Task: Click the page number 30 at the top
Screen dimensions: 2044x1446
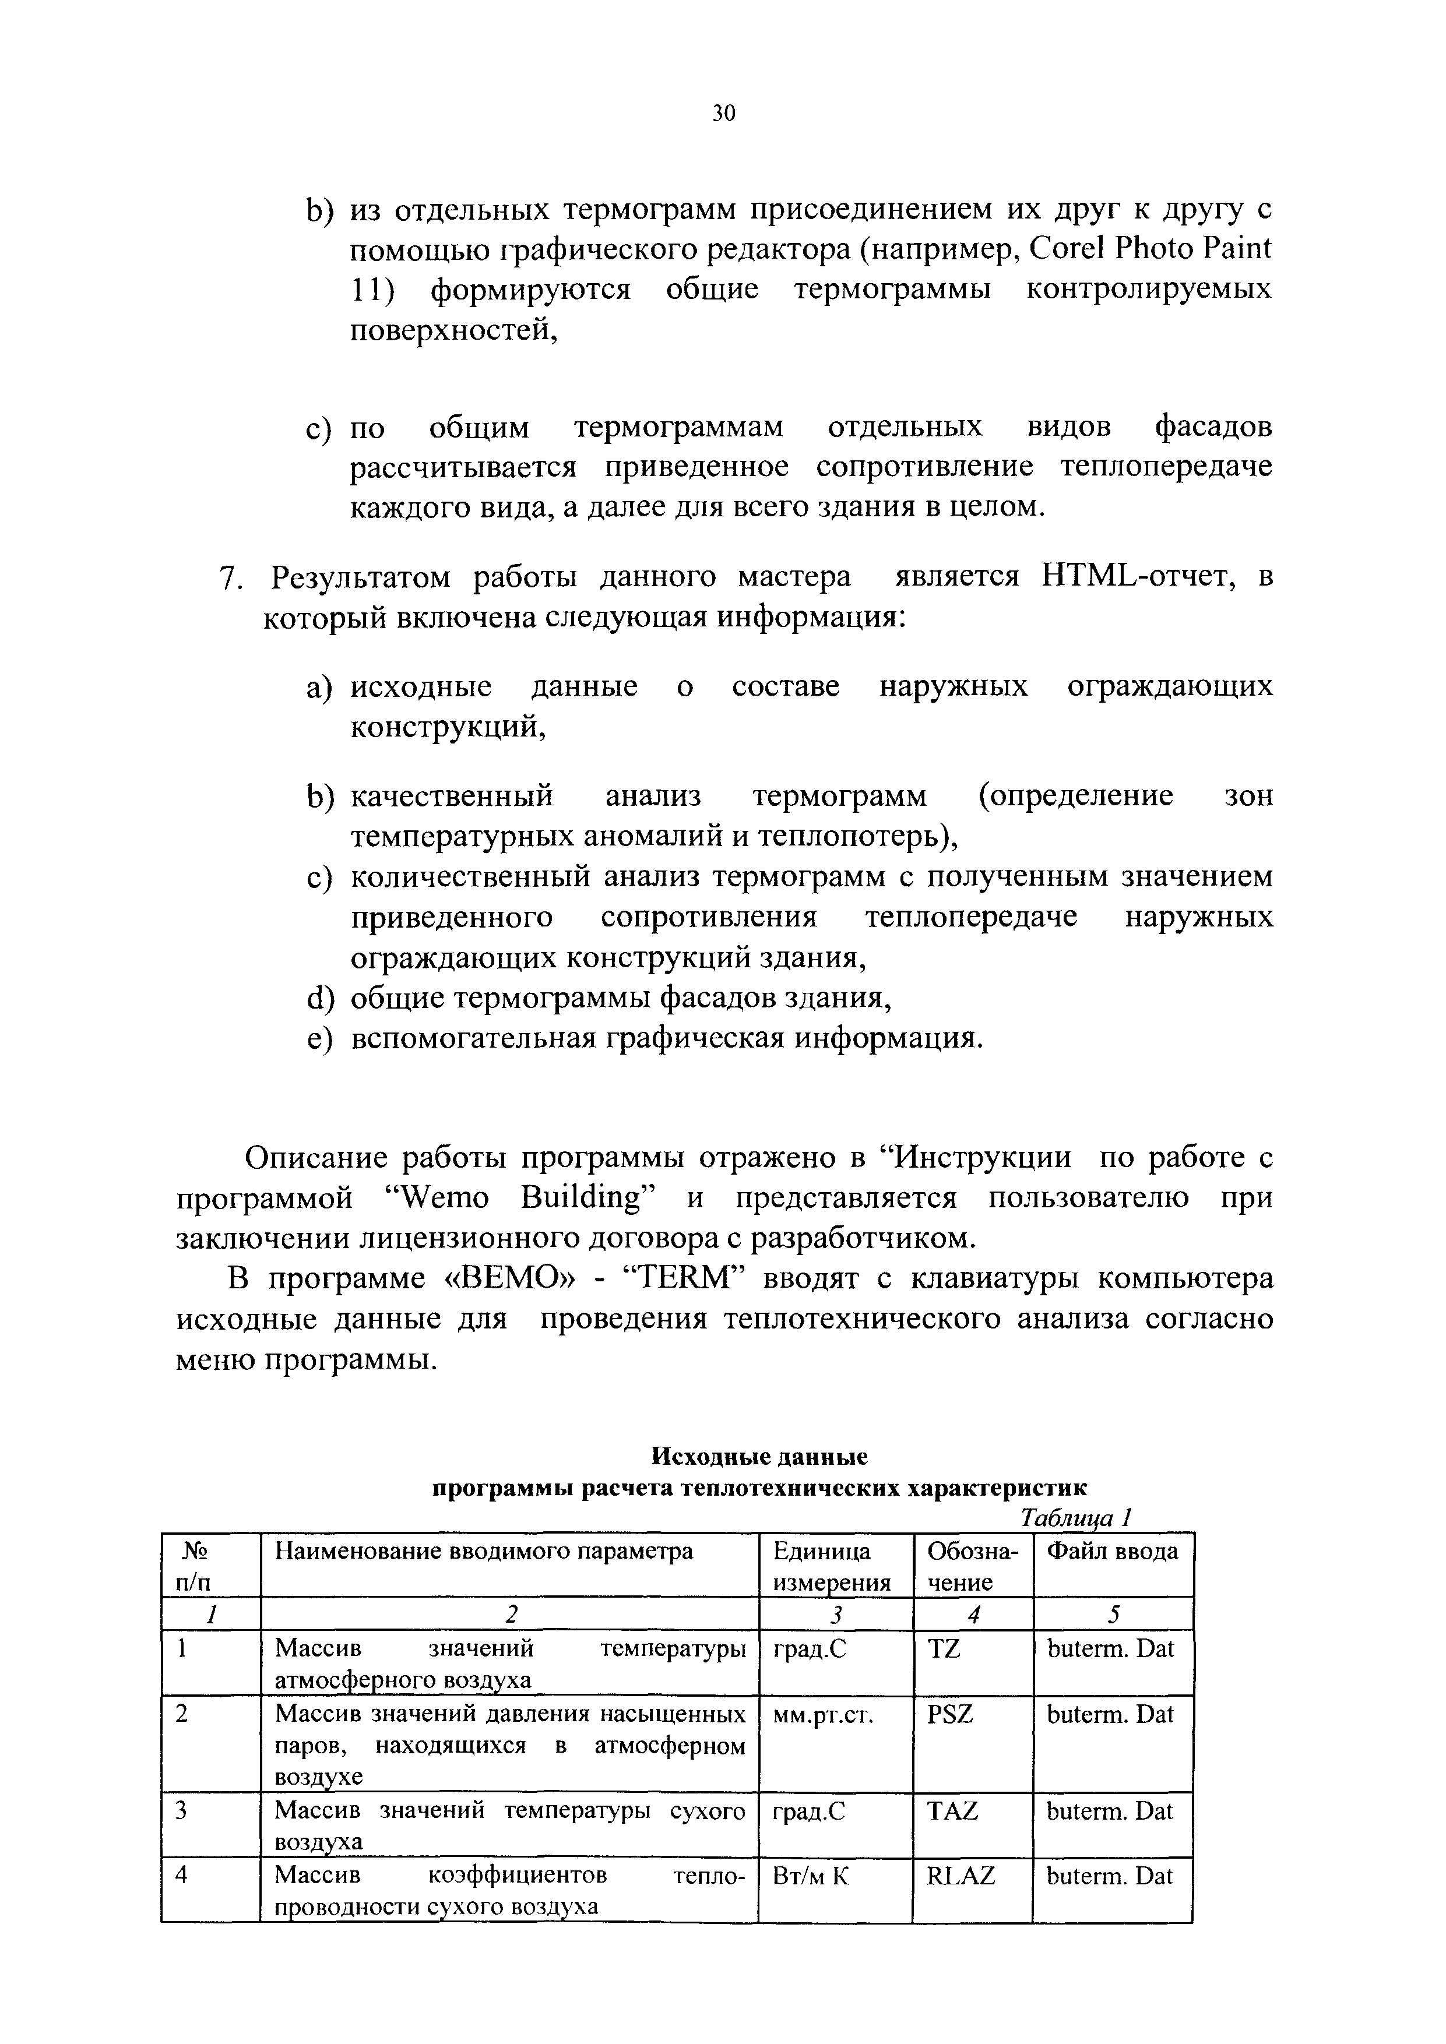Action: tap(723, 113)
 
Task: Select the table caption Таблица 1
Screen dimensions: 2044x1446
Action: tap(1075, 1516)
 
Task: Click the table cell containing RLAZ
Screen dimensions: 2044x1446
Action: tap(961, 1876)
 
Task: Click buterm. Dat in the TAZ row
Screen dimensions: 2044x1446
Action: tap(1110, 1811)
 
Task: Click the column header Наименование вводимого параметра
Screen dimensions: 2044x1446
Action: tap(484, 1552)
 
